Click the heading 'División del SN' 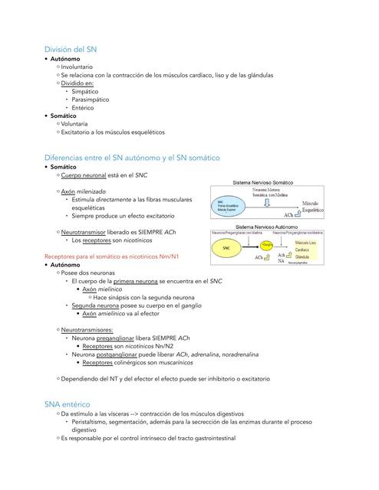[71, 49]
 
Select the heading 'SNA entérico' [68, 403]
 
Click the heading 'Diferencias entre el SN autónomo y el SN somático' [132, 158]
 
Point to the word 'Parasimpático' [91, 100]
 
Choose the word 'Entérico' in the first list [83, 108]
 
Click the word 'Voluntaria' [74, 124]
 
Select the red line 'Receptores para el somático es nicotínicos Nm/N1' [112, 256]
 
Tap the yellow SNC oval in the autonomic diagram [226, 248]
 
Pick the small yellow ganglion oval [268, 244]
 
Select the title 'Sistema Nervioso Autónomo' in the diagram [267, 227]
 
